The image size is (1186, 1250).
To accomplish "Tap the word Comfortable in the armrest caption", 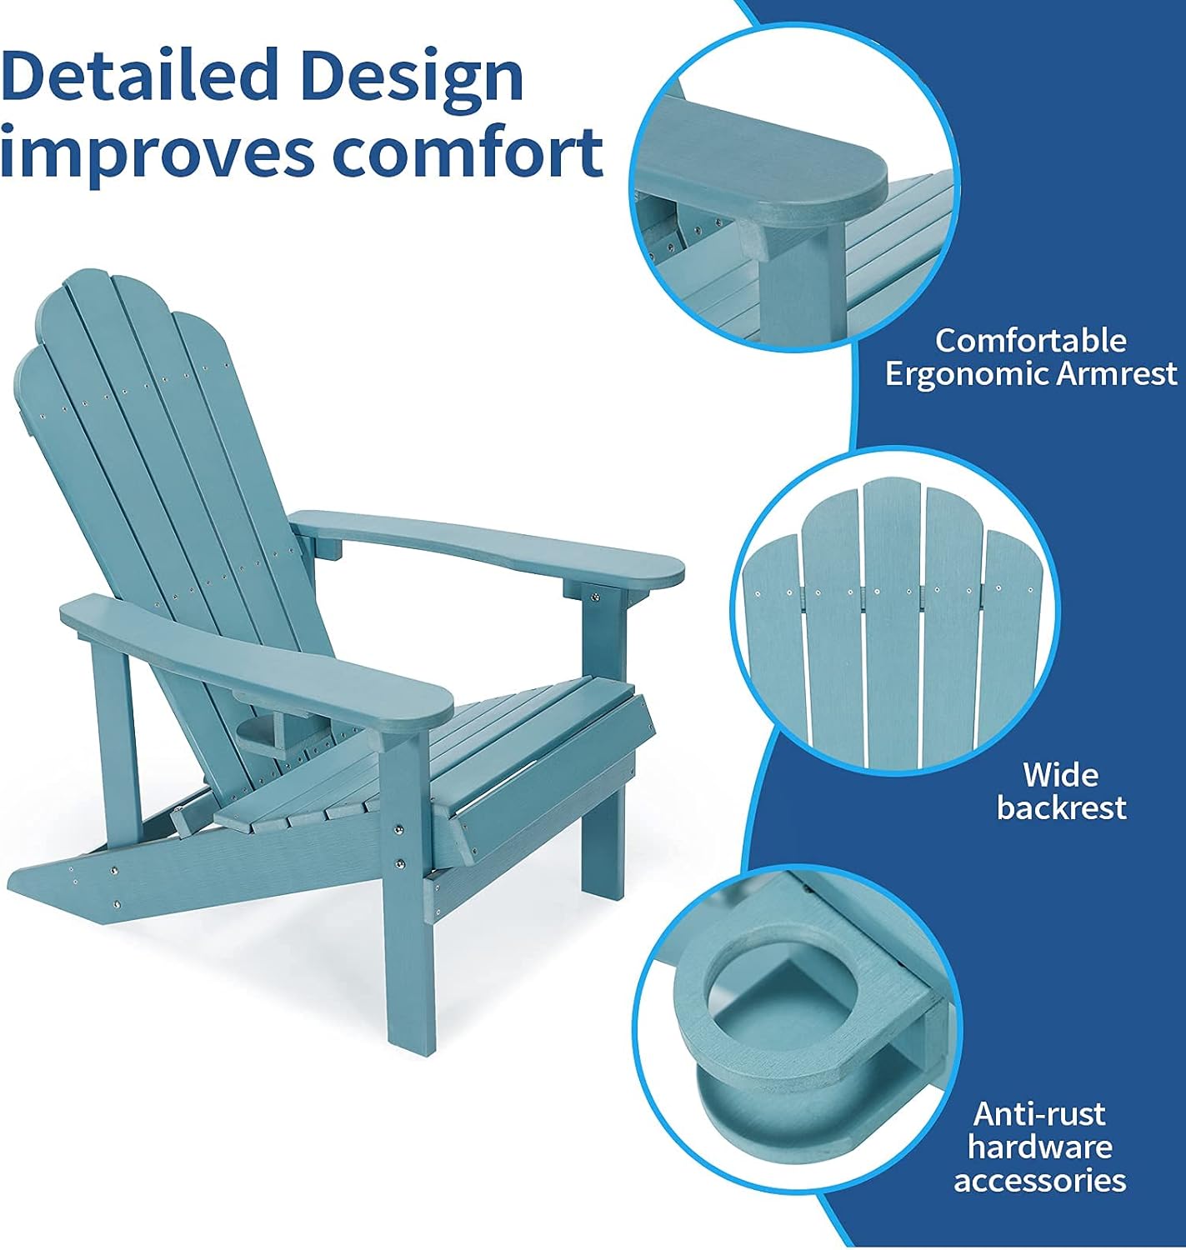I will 1030,340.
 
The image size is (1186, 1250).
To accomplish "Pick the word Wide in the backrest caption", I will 1061,775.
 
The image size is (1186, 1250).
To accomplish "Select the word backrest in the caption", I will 1061,807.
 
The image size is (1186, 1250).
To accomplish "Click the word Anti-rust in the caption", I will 1039,1113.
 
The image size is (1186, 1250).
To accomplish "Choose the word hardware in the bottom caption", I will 1039,1147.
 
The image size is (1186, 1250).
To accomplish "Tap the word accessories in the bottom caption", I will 1039,1180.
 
